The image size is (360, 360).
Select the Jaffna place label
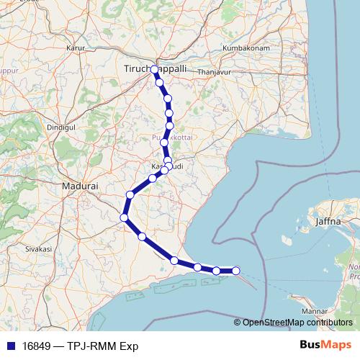pos(327,221)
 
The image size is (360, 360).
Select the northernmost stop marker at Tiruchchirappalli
pos(154,69)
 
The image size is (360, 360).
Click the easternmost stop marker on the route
pos(235,270)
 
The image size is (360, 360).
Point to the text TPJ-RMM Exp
pos(105,346)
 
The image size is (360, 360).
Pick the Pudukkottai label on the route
pos(168,135)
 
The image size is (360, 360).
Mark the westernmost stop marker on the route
pos(124,217)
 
